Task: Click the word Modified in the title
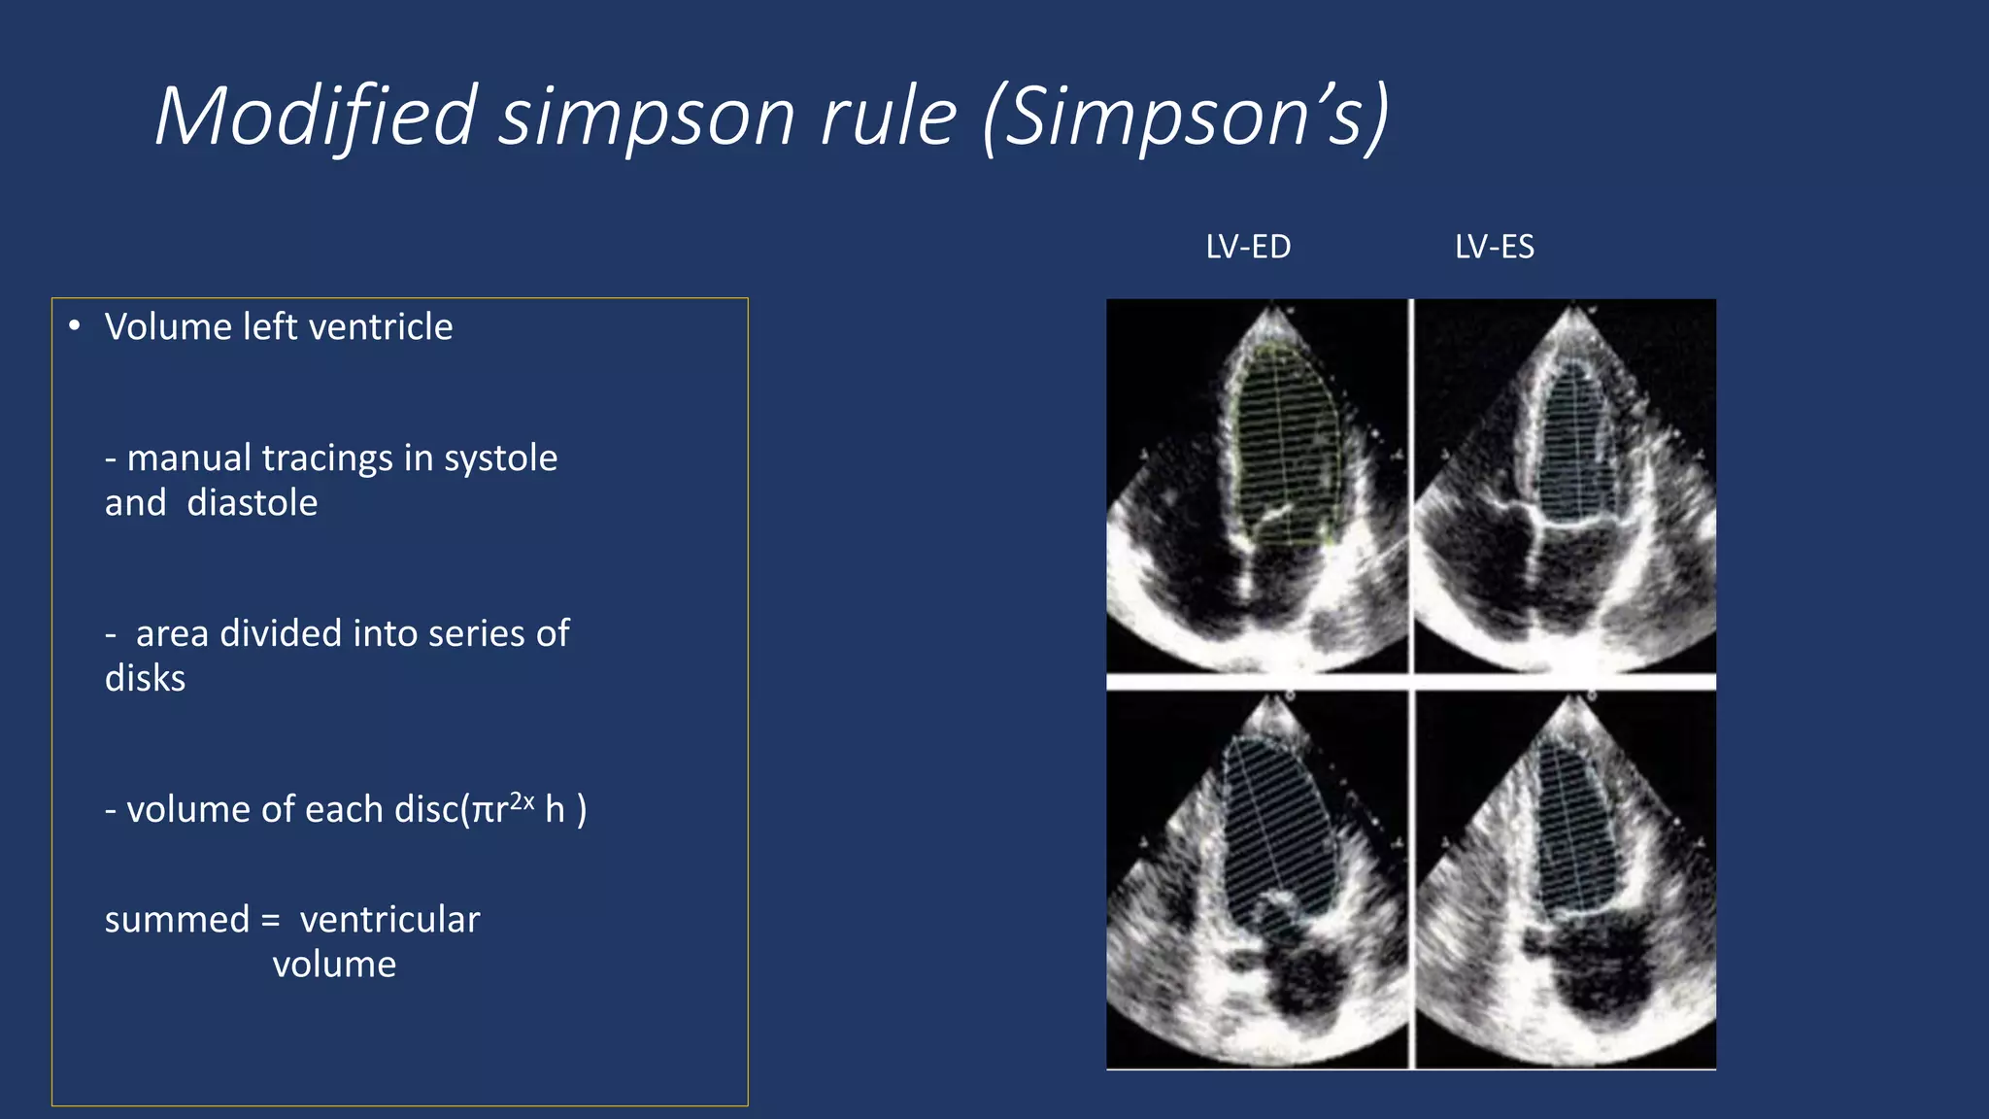317,117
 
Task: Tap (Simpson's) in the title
1187,117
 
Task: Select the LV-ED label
1248,247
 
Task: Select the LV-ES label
1495,247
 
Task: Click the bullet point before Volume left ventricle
75,326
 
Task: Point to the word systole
500,458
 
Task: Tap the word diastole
253,503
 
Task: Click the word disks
145,679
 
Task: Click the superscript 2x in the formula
523,800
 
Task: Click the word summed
177,920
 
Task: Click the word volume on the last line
334,965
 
